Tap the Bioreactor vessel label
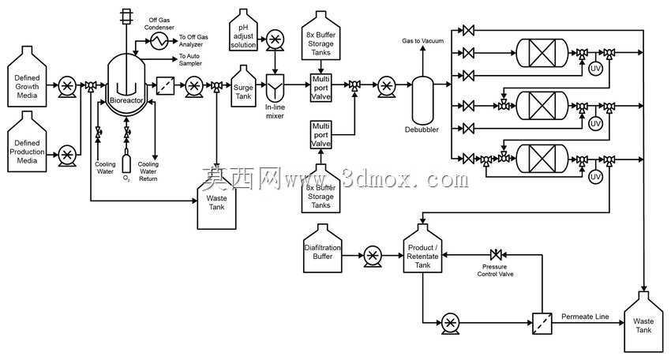126,100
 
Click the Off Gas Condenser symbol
159,41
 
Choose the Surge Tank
243,87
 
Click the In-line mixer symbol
276,88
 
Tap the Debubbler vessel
422,100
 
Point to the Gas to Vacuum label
423,41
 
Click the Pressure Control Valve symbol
496,255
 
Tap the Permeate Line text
585,317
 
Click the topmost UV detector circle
595,69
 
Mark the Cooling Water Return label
148,171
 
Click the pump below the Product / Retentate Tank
450,323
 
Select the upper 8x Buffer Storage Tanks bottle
321,36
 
